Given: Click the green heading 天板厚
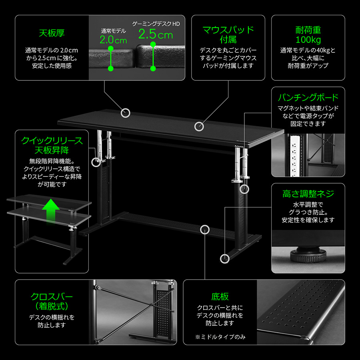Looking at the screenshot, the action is tap(52, 33).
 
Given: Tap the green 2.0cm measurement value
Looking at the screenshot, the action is tap(113, 40).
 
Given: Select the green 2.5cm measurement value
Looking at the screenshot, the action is tap(156, 34).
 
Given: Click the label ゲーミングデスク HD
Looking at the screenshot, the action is tap(156, 24).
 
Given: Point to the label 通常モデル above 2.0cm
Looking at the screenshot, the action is tap(114, 31).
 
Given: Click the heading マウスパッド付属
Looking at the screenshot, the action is tap(228, 35).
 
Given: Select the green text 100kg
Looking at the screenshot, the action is tap(308, 40).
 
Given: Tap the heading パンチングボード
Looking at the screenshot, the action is tap(308, 97).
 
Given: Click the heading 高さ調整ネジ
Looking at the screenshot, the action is tap(308, 194).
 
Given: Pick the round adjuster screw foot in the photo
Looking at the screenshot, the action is tap(308, 255).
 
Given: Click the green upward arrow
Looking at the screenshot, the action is tap(51, 212).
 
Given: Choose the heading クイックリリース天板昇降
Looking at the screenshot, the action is tap(52, 145).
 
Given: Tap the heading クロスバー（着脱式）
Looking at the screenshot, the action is tap(52, 301).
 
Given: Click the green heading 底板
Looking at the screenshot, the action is tap(220, 296).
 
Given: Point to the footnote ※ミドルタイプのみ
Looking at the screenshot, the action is tap(220, 337).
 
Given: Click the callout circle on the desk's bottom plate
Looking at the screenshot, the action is tap(205, 230).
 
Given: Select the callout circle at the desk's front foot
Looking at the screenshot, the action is tap(225, 259).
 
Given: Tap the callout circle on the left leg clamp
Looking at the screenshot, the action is tap(96, 162).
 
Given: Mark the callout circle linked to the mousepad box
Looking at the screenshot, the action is tap(199, 126).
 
